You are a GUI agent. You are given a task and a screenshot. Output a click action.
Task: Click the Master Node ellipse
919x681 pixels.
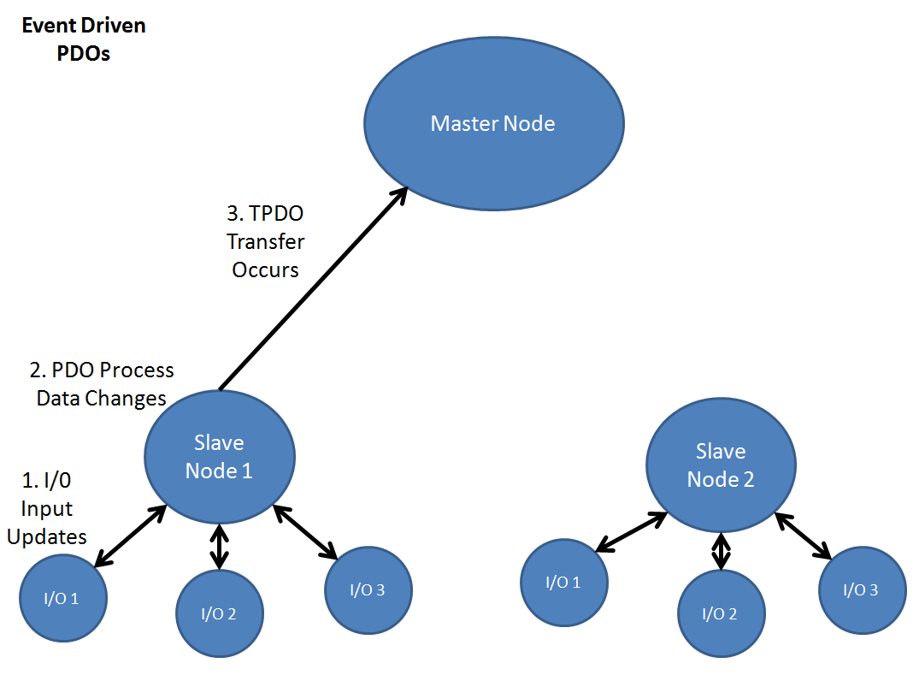493,123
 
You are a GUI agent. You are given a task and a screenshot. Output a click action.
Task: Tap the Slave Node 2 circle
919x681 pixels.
721,465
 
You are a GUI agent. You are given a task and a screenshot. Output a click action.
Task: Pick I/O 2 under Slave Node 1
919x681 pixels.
220,613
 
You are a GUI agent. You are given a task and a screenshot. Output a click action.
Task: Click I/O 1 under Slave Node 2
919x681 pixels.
563,583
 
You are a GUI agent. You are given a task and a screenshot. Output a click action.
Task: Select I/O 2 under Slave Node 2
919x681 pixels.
722,613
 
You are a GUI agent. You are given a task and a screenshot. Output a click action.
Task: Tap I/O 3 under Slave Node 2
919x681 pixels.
861,589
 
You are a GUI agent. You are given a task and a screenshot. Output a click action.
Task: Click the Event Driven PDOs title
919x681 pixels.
83,39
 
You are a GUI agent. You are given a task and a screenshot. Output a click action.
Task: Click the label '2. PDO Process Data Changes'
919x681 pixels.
102,384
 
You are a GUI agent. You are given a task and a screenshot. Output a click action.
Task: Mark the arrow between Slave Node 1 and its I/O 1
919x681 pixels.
130,536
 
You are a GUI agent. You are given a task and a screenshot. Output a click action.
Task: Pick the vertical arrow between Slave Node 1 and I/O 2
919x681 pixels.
221,548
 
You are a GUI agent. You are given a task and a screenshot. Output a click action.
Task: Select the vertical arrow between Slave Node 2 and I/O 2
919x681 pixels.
722,551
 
